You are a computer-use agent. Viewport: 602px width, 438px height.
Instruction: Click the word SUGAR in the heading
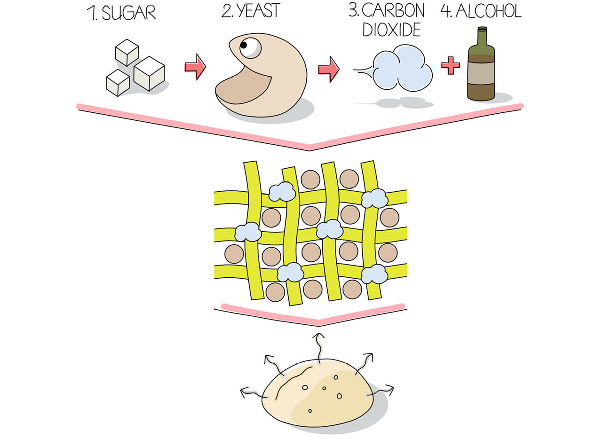(129, 13)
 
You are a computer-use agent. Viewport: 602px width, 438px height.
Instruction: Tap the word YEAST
(259, 11)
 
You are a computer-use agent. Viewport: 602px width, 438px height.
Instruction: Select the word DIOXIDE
(392, 30)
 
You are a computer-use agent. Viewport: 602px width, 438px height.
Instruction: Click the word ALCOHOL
(489, 11)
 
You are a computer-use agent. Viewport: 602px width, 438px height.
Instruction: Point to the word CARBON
(393, 10)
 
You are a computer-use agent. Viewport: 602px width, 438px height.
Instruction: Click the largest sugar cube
(149, 73)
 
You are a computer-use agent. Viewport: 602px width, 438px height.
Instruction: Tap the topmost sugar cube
(127, 52)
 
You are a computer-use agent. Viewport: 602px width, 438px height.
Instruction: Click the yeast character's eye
(250, 48)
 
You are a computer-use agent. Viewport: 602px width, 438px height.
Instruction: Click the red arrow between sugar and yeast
(195, 67)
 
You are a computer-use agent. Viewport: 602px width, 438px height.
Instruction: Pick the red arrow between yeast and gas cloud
(329, 69)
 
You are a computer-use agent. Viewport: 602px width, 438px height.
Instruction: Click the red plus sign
(451, 65)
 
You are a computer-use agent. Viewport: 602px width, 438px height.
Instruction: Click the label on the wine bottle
(481, 73)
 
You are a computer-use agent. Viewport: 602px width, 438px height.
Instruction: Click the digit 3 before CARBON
(353, 10)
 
